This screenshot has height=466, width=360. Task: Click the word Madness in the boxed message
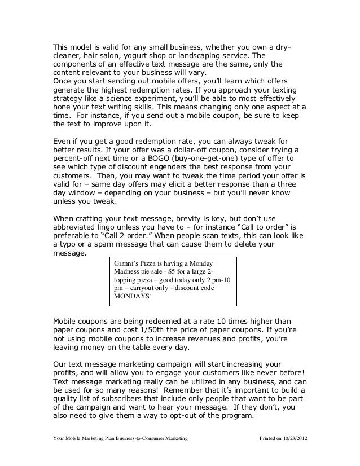pos(129,271)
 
